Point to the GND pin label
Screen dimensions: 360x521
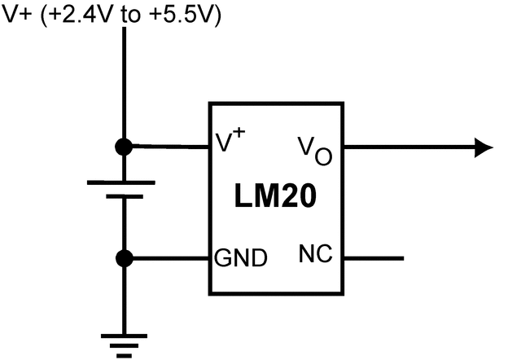tap(240, 259)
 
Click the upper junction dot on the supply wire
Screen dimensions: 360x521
tap(124, 147)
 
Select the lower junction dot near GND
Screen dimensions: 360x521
tap(124, 259)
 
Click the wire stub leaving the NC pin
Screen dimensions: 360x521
tap(374, 259)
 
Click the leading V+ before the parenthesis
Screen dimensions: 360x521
tap(18, 16)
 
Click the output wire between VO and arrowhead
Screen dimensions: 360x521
tap(407, 147)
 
